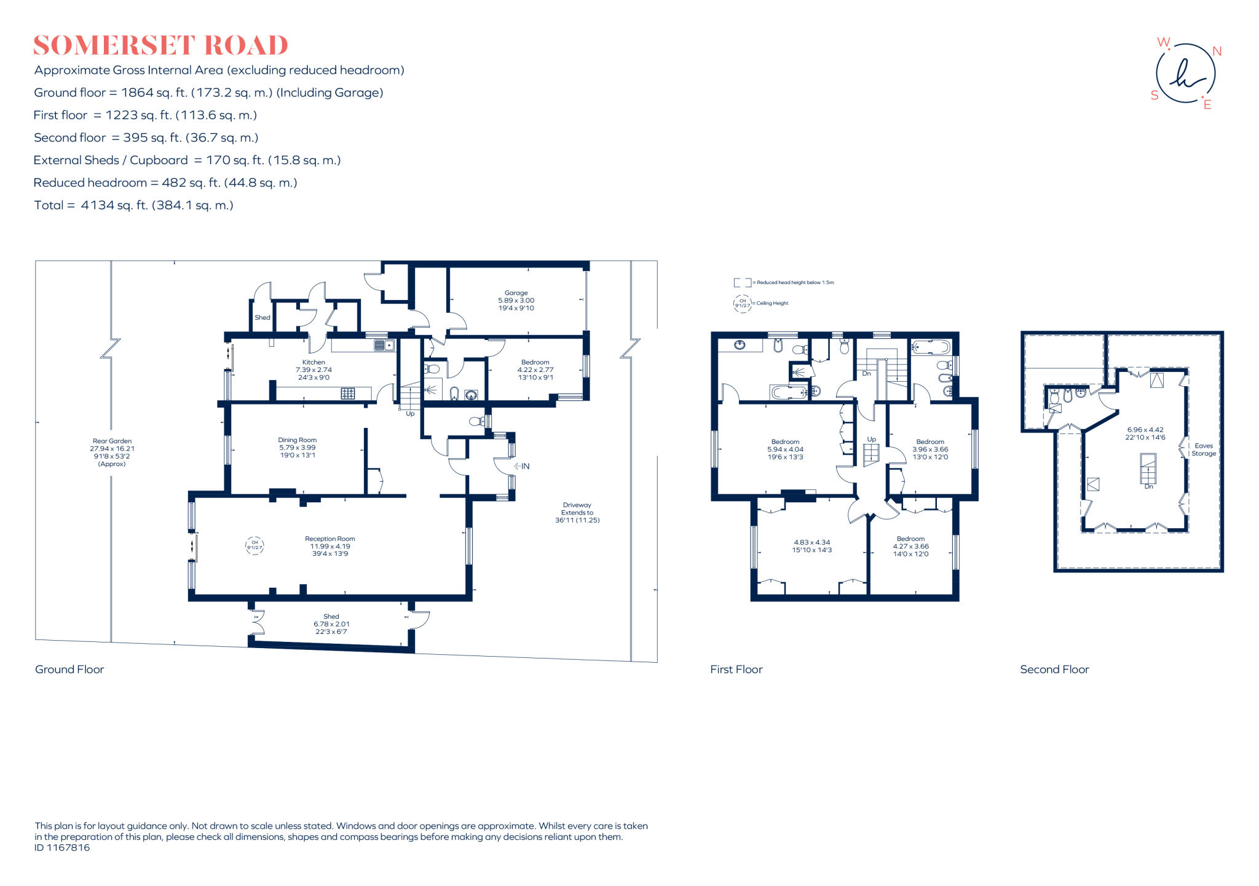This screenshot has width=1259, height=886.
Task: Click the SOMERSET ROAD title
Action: click(x=160, y=46)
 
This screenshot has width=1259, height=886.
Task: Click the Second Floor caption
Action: click(x=1054, y=669)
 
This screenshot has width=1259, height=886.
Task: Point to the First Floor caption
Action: click(x=736, y=669)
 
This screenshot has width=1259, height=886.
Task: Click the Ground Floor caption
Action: click(x=69, y=669)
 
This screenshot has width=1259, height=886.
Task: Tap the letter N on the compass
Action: click(x=1217, y=52)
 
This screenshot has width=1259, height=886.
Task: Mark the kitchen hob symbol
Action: click(x=347, y=393)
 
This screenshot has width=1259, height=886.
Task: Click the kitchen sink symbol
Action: click(x=384, y=346)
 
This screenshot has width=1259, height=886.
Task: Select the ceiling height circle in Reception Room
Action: click(x=255, y=545)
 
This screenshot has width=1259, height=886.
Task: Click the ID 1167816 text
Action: click(x=62, y=847)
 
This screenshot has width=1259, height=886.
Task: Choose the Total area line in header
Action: click(x=133, y=205)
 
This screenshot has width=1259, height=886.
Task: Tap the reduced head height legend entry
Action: click(x=784, y=282)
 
